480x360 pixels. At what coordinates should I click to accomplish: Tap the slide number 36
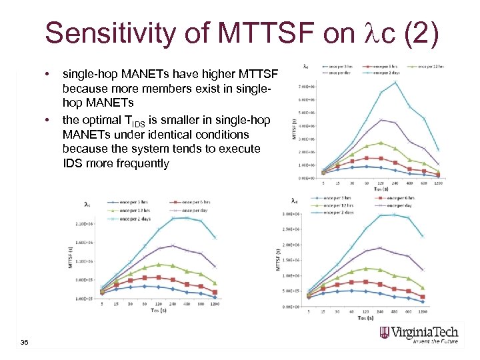(x=25, y=342)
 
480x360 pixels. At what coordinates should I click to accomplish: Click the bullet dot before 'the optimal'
(x=49, y=120)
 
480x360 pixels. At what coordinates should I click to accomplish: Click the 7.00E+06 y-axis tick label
(x=307, y=87)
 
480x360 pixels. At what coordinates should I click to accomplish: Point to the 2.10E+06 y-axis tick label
(x=84, y=225)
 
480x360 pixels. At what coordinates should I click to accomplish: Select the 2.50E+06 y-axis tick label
(x=290, y=229)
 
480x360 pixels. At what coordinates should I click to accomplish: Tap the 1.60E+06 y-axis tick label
(x=84, y=243)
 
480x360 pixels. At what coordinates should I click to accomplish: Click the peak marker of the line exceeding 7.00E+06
(x=395, y=82)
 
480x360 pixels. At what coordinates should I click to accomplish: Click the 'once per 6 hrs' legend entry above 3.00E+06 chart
(x=393, y=199)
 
